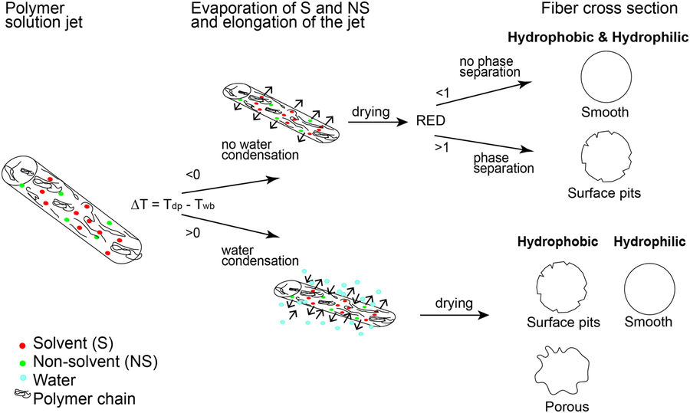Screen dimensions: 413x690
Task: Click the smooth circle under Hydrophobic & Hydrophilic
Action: (606, 79)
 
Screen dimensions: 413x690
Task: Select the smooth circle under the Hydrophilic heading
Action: (649, 288)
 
